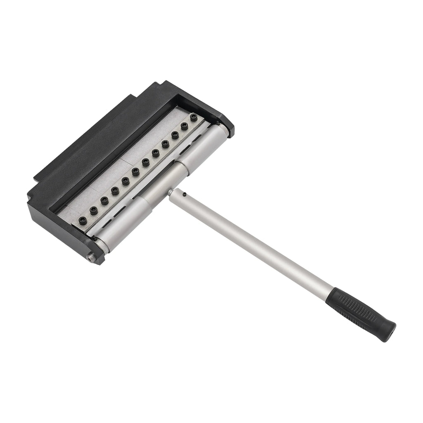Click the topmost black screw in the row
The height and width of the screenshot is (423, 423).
pos(193,117)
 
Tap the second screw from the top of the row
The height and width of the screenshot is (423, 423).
pos(184,125)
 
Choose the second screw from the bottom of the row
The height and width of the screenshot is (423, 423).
pos(94,210)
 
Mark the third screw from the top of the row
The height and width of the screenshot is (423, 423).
pos(175,134)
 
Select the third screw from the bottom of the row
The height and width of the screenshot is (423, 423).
pos(105,200)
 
